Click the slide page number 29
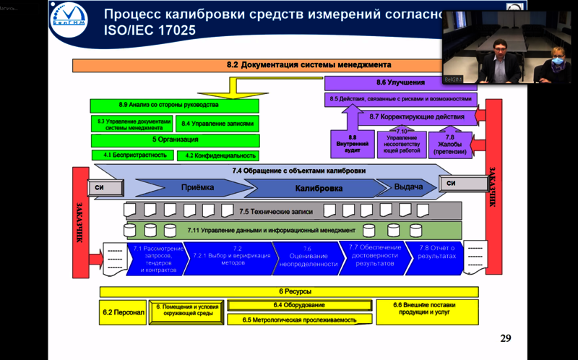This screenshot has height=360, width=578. coord(506,338)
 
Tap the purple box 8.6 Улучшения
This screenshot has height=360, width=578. coord(401,83)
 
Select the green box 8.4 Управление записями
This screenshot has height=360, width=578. coord(217,124)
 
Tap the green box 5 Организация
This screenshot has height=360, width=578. coord(175,140)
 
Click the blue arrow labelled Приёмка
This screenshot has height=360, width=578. coord(197,188)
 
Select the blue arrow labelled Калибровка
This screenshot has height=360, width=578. coord(318,188)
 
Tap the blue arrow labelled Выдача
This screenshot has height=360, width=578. coord(407,187)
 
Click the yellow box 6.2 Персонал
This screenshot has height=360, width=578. coord(124,312)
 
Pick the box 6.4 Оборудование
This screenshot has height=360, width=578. coord(298,305)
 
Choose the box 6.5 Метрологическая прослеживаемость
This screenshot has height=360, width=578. coord(298,319)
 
